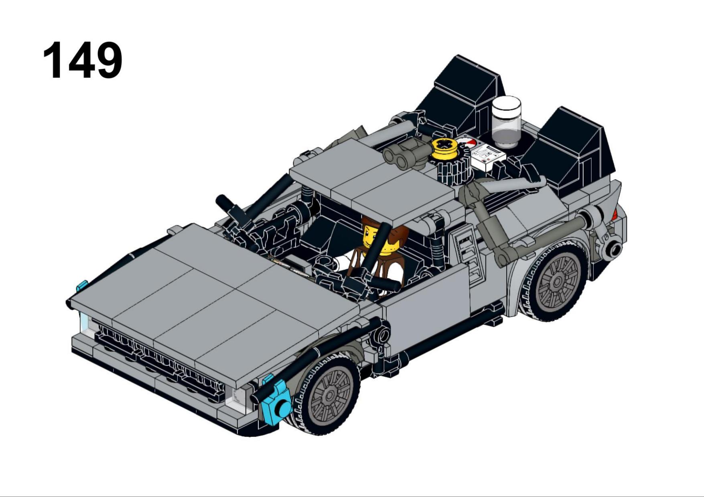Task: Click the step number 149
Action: click(82, 60)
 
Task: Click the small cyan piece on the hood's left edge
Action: click(81, 286)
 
